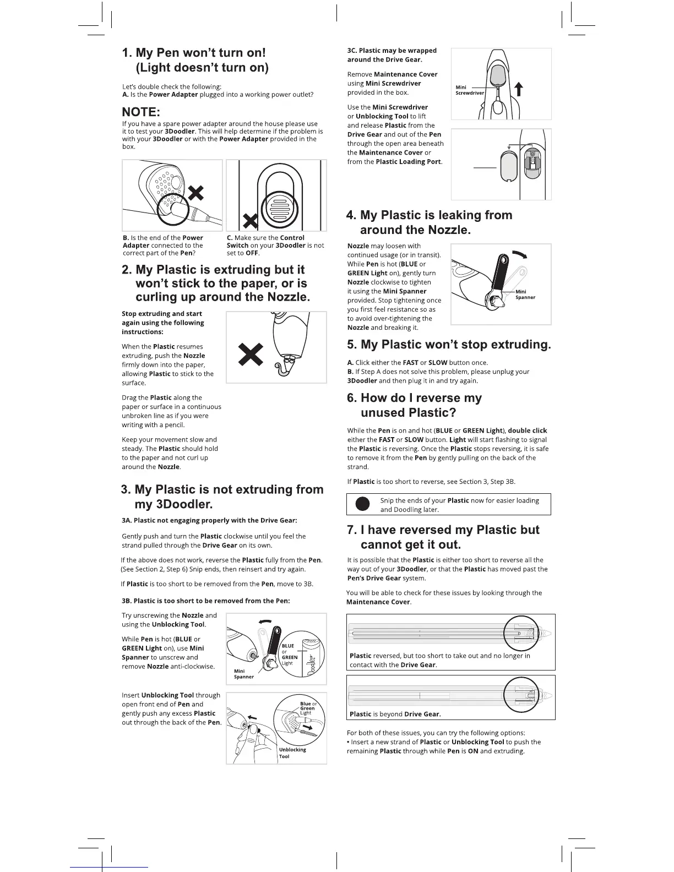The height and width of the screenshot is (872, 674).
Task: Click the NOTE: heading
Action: click(141, 112)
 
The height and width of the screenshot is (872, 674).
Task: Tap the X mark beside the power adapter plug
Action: click(196, 193)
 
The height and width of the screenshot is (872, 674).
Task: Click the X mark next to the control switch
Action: click(251, 221)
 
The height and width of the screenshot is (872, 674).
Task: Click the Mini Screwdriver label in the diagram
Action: click(469, 90)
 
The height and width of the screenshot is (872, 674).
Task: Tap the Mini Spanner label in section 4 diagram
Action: click(525, 295)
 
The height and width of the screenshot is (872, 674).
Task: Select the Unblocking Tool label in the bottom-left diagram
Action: click(292, 753)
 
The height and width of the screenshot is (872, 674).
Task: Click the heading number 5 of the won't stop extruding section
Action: click(352, 345)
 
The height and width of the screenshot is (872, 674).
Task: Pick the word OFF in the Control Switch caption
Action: click(252, 253)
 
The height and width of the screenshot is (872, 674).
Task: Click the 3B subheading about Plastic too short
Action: click(205, 601)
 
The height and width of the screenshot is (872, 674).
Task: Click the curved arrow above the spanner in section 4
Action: click(519, 255)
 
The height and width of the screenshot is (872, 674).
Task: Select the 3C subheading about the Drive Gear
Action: click(392, 55)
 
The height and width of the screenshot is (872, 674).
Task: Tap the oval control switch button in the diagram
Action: click(279, 208)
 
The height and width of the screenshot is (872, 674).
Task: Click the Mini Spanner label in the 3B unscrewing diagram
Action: click(243, 674)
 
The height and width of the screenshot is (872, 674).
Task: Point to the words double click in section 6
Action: click(527, 430)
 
